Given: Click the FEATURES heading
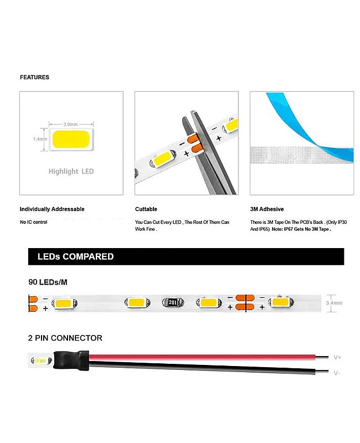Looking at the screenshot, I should pos(34,78).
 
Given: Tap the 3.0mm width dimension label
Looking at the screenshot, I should pos(70,125).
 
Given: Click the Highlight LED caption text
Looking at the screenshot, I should pos(71,172).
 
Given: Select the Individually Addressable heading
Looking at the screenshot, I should pos(52,209).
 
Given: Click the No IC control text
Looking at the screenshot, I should pos(33,222).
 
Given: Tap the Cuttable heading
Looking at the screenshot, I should pos(146,209).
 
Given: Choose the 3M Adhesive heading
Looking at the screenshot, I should pos(267,209).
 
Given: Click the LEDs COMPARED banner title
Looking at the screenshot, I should pos(75,257).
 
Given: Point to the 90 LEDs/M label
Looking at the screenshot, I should pos(48,282).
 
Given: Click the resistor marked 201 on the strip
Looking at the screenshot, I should pos(172,303).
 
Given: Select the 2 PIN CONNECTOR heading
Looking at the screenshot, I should pos(65,338).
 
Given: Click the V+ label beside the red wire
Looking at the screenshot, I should pos(337,357).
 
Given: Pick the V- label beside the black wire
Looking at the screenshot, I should pos(337,373).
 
